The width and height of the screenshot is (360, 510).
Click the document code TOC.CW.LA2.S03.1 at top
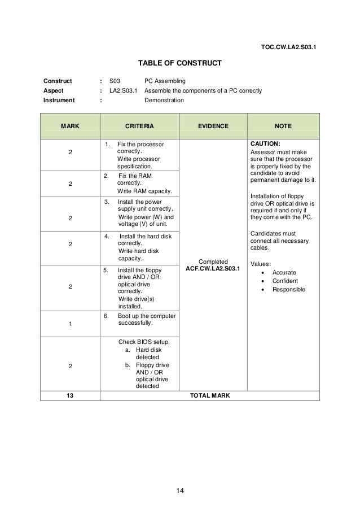click(x=288, y=47)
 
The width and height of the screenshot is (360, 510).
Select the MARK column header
click(x=70, y=126)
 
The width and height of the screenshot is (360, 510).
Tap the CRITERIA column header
click(x=139, y=126)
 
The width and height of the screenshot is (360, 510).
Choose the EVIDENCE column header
click(x=213, y=126)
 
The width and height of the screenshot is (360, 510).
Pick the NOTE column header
click(x=283, y=126)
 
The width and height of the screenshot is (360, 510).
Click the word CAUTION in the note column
click(x=265, y=143)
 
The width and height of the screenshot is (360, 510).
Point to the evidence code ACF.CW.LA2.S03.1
click(x=213, y=267)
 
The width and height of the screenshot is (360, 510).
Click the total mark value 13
click(x=70, y=395)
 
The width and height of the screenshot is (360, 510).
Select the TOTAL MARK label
click(x=209, y=395)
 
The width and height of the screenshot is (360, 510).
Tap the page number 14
click(x=179, y=489)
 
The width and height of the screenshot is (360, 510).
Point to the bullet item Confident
click(x=286, y=281)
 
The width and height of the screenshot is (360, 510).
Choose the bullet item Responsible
click(x=289, y=289)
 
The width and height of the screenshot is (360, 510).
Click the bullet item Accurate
click(x=284, y=272)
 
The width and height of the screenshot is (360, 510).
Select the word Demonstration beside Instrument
click(x=164, y=101)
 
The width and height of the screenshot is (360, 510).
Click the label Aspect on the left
click(x=54, y=91)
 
